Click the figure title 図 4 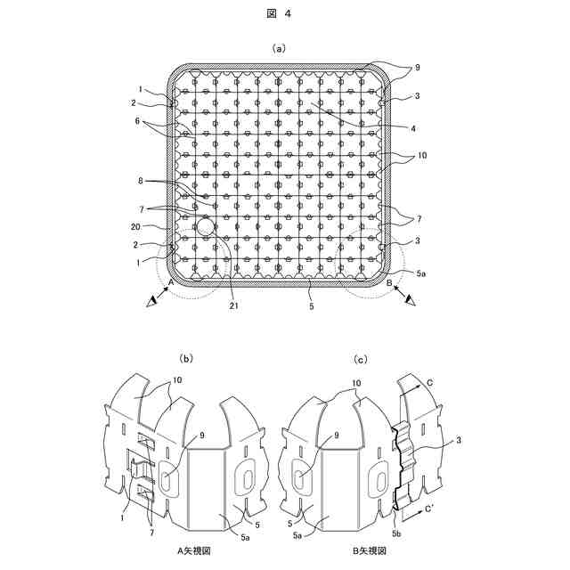pos(284,13)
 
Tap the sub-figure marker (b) pos(186,360)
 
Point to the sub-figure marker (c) pos(361,360)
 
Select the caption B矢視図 pos(368,551)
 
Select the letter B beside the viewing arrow pos(390,282)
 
